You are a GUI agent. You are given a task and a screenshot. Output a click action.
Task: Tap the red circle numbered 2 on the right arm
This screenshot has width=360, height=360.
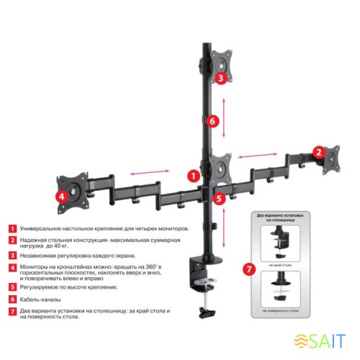[x=318, y=152]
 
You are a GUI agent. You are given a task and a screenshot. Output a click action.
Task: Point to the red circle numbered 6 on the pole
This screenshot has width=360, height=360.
[x=212, y=122]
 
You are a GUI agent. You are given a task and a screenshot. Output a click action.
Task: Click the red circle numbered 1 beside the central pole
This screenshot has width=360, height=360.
[x=192, y=174]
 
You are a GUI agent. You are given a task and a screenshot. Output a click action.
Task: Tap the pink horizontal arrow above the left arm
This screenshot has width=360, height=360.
[x=150, y=171]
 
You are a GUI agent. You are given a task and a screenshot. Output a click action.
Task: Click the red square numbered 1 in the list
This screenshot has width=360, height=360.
[x=12, y=228]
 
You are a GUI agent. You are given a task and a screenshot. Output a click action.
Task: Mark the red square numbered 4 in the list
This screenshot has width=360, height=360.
[x=12, y=267]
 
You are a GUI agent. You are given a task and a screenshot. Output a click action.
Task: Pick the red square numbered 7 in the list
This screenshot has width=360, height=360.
[x=12, y=312]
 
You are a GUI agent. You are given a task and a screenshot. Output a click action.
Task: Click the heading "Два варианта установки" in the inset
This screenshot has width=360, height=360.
[x=280, y=215]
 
